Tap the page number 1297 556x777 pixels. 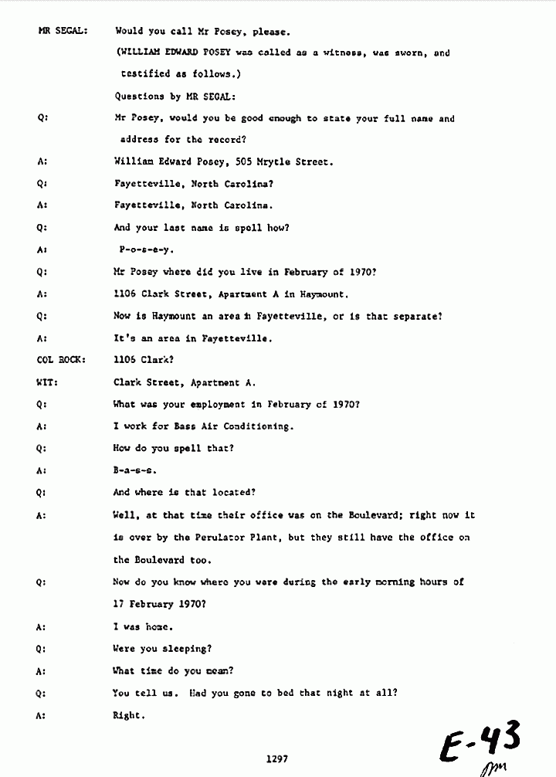pyautogui.click(x=276, y=759)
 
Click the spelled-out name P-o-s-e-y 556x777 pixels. pyautogui.click(x=147, y=250)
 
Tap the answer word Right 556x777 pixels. pyautogui.click(x=128, y=715)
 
